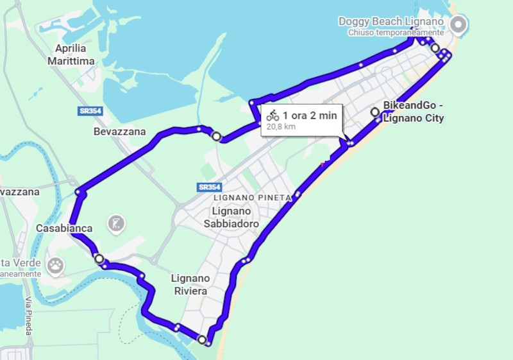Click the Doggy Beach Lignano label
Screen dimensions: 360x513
[391, 22]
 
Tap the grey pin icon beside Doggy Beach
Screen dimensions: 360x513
[458, 25]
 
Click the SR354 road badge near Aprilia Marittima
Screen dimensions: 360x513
[90, 111]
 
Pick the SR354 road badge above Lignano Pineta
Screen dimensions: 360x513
[210, 187]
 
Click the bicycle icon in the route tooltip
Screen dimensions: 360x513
[273, 116]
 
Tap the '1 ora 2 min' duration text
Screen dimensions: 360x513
[310, 116]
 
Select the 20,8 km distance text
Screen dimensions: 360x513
[280, 126]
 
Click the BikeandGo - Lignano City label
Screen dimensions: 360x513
[414, 112]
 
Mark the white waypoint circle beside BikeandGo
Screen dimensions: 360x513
[375, 112]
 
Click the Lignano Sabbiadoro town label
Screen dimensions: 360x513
[231, 218]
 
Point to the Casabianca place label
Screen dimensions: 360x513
[64, 228]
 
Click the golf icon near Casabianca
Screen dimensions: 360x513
[117, 224]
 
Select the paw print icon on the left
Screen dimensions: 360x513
[56, 264]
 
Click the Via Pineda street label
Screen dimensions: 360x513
[28, 316]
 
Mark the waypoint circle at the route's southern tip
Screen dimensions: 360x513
[203, 339]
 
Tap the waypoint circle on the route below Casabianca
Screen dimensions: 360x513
[99, 259]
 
